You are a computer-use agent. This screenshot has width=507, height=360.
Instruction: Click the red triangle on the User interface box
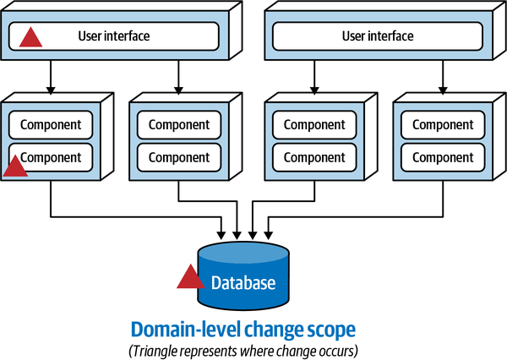pos(31,37)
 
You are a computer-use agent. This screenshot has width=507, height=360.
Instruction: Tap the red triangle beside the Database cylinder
pos(189,277)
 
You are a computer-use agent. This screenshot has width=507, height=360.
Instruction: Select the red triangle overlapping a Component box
pos(15,166)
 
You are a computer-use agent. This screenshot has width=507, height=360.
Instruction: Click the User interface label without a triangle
pos(378,35)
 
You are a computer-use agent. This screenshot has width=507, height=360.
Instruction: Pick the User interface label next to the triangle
pos(113,35)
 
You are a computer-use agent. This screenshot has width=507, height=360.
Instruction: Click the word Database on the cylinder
pos(243,283)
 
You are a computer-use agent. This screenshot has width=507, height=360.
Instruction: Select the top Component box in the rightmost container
pos(444,125)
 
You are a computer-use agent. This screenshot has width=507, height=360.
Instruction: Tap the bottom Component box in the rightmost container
pos(444,157)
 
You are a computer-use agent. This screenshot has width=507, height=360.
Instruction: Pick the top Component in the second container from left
pos(179,125)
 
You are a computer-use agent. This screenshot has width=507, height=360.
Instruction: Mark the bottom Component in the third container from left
pos(314,157)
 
